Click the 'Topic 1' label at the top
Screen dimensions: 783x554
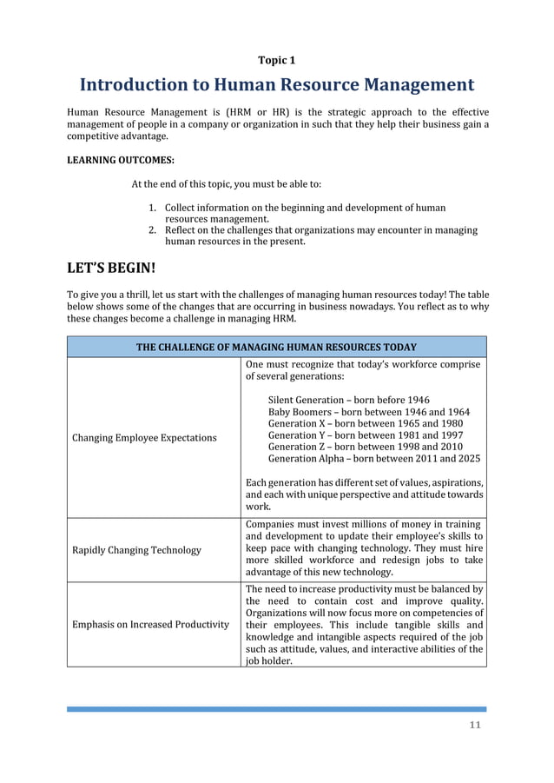click(x=277, y=60)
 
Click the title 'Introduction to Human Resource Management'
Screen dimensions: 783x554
click(x=277, y=85)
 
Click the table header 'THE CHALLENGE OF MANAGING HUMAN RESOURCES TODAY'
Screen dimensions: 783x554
click(x=277, y=347)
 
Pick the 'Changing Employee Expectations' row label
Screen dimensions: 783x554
click(x=144, y=437)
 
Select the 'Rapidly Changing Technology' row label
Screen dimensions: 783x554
click(x=137, y=549)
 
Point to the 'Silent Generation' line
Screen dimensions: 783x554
click(x=348, y=400)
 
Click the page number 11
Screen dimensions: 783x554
click(x=475, y=727)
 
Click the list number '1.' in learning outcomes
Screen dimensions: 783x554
click(x=152, y=209)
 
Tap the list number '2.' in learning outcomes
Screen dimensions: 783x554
click(x=152, y=230)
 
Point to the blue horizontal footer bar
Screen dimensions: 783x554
click(x=277, y=709)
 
